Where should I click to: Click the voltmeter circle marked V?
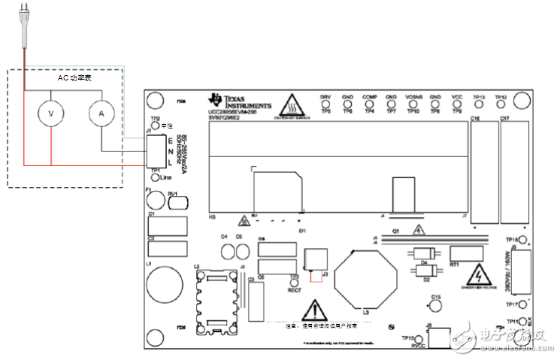tap(51, 112)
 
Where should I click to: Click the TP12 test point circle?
tap(501, 104)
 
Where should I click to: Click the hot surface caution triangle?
tap(292, 104)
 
